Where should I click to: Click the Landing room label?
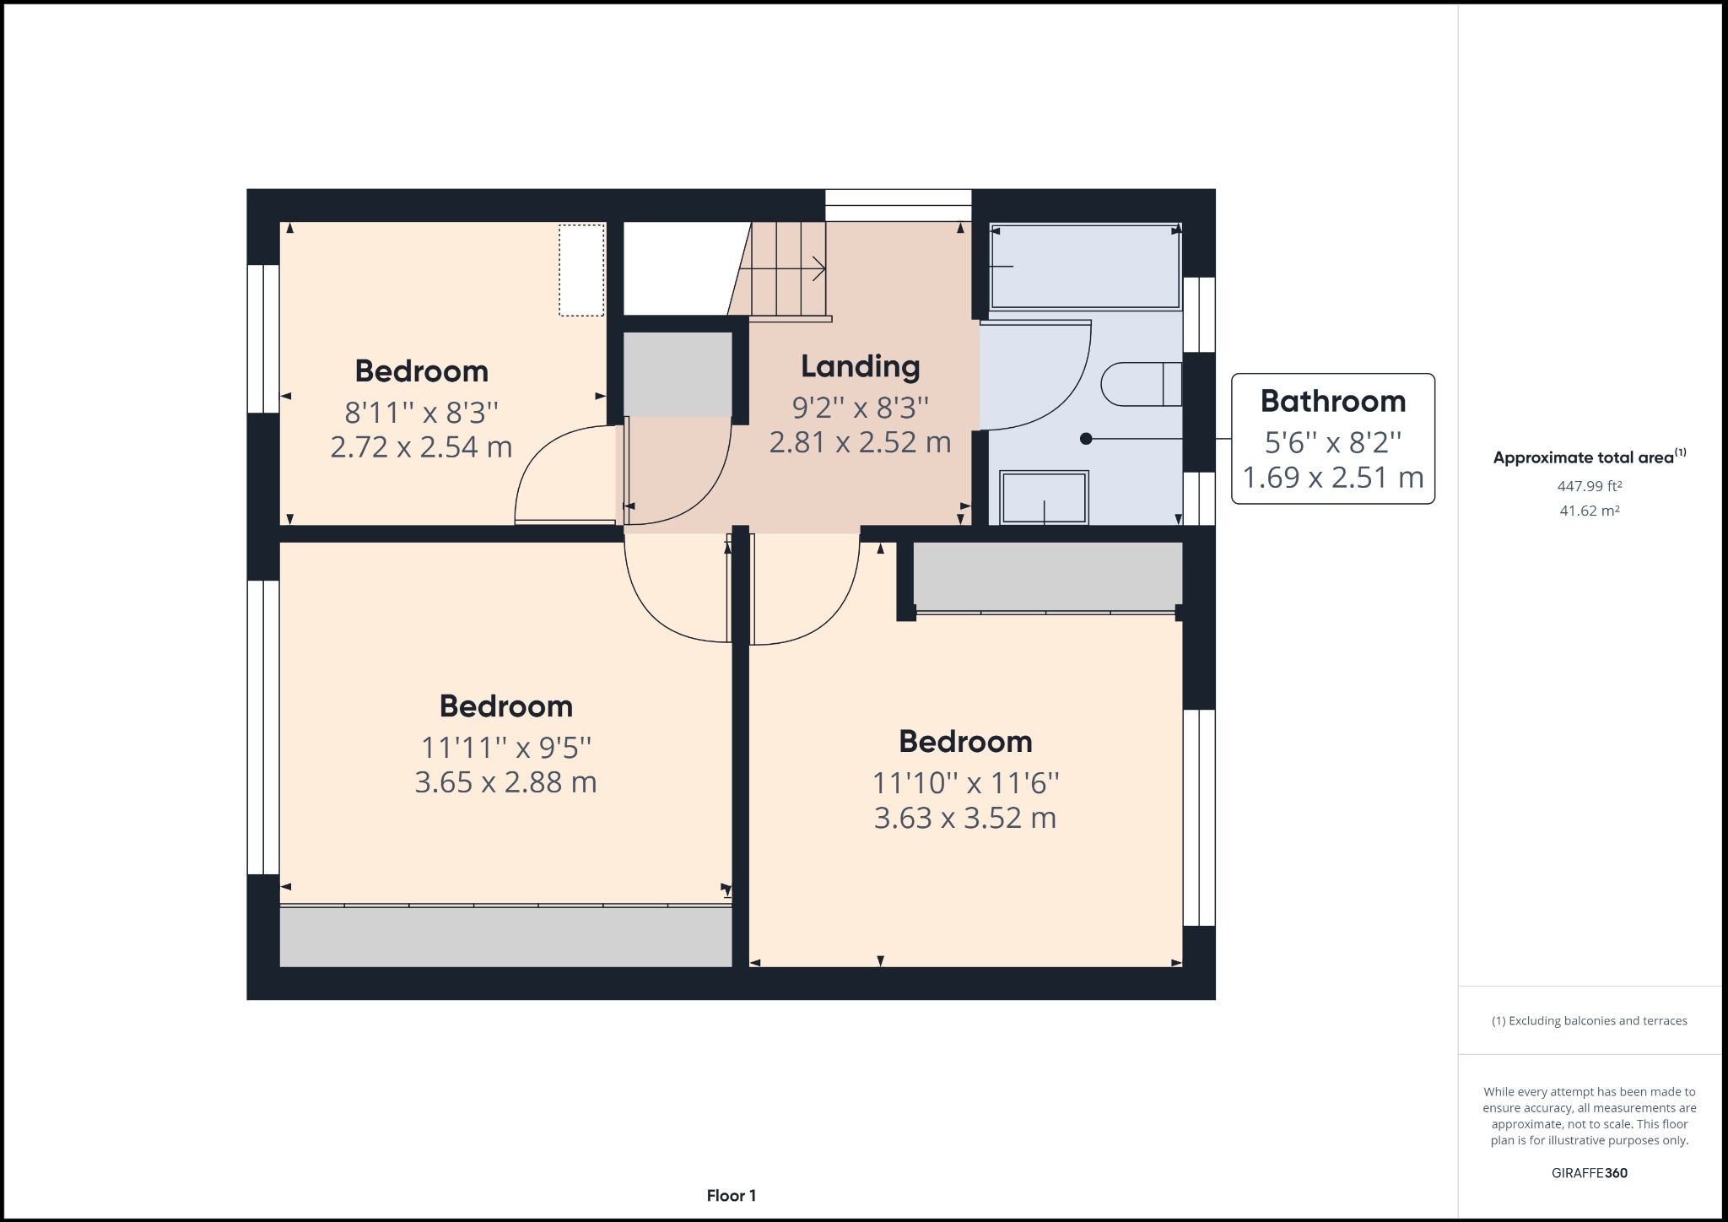[860, 366]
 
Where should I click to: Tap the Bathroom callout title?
[1332, 401]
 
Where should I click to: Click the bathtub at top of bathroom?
[1085, 267]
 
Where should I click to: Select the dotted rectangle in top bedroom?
[581, 270]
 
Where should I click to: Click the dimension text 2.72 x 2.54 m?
[421, 446]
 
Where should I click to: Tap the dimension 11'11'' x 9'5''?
[505, 748]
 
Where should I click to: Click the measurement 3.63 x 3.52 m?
[964, 818]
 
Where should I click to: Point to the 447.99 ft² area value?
[1589, 486]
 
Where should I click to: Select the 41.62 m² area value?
[1589, 511]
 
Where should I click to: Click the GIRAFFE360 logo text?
[1589, 1173]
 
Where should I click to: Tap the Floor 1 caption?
[731, 1195]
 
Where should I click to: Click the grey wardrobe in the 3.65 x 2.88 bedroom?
[505, 937]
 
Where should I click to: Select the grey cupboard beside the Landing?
[677, 374]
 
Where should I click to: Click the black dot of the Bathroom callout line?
[1086, 439]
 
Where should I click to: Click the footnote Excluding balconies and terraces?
[1589, 1020]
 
